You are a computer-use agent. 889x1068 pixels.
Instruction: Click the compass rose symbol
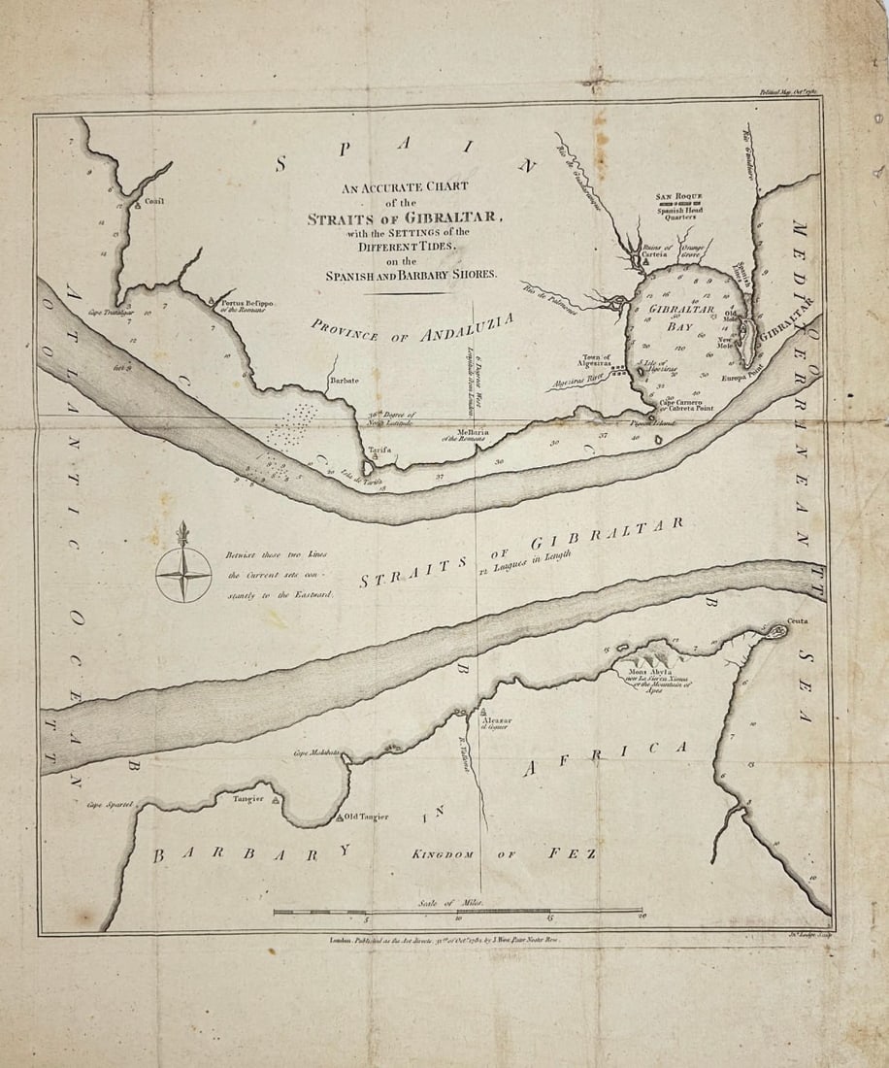point(183,574)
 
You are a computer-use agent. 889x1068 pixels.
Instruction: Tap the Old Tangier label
point(365,817)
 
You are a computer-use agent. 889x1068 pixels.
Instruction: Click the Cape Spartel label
point(107,805)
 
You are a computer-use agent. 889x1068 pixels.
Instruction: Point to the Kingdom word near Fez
point(442,854)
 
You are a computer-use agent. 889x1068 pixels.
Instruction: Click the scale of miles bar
point(456,912)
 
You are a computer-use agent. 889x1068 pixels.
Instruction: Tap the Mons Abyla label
point(658,673)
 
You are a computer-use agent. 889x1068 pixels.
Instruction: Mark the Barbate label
point(344,381)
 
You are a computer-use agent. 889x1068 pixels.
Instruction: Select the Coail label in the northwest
point(154,201)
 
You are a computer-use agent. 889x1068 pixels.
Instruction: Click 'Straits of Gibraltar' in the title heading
point(404,218)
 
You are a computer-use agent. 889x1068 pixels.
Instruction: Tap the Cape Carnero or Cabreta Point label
point(685,407)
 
